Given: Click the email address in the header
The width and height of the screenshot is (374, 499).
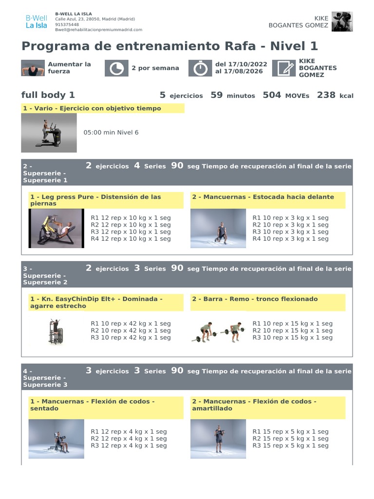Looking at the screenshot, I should (x=98, y=30).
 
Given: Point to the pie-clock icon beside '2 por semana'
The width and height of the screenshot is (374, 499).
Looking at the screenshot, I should (x=116, y=68).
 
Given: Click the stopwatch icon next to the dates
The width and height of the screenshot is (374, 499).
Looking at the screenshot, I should (x=199, y=68).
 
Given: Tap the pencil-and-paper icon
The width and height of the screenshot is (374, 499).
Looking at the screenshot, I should (x=283, y=68).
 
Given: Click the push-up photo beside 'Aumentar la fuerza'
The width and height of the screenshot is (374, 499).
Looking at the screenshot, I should (x=32, y=68).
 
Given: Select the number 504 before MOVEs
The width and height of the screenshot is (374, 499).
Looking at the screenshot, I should (x=272, y=95).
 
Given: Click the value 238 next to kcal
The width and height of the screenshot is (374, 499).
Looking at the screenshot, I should (x=326, y=95).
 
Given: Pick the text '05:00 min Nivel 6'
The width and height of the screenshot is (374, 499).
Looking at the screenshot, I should (x=111, y=133).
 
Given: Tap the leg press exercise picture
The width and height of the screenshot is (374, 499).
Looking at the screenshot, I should (x=56, y=228).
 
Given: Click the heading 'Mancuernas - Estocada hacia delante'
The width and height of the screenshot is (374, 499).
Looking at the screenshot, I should (x=263, y=197).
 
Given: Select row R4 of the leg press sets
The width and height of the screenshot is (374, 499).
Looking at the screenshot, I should (x=131, y=239).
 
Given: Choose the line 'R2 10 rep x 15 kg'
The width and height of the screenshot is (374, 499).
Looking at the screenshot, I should (x=292, y=330).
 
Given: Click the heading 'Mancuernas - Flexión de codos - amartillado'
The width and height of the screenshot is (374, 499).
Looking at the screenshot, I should (x=254, y=405).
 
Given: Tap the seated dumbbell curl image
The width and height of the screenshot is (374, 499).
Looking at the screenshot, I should (x=56, y=439).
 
